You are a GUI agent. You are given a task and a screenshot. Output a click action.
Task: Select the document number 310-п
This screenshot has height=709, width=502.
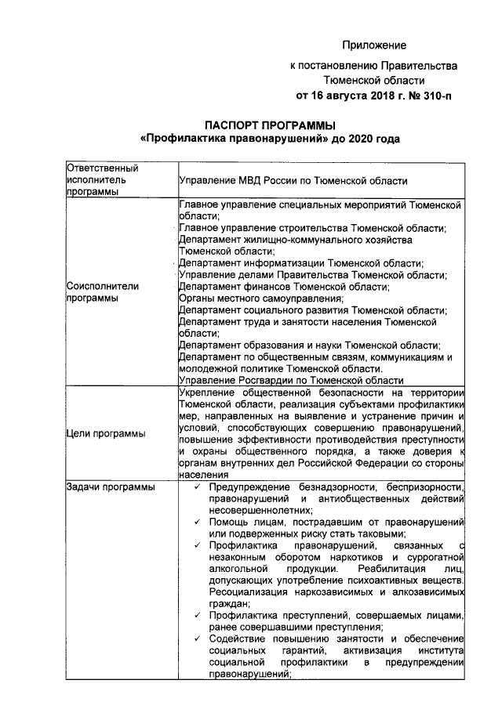tap(437, 96)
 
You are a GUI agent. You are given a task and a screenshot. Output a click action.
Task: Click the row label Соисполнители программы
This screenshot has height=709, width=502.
tap(103, 292)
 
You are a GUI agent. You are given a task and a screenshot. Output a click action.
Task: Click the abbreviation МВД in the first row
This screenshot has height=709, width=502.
tap(253, 180)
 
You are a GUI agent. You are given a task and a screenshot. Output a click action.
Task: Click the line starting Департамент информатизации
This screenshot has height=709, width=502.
tap(300, 263)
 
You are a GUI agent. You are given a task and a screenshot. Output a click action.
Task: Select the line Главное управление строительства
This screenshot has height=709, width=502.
tap(312, 228)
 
